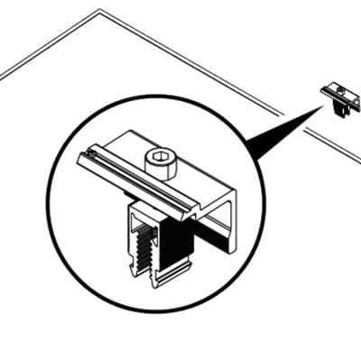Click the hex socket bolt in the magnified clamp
click(160, 162)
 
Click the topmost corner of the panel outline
click(99, 11)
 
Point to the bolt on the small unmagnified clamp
click(337, 88)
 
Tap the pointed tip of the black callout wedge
click(322, 105)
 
